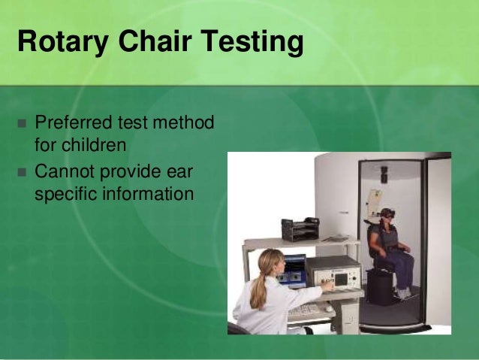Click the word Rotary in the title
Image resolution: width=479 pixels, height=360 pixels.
coord(63,42)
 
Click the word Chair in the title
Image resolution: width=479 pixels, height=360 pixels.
coord(155,41)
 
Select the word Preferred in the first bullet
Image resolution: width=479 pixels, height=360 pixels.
coord(74,123)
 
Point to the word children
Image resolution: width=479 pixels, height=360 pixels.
coord(94,144)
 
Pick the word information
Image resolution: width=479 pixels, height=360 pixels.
coord(148,194)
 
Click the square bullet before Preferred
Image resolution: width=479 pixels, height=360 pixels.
coord(22,123)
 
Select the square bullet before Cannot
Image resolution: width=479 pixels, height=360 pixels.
coord(22,173)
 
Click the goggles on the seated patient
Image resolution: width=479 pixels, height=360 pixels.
coord(389,215)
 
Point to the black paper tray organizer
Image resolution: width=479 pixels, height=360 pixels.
coord(300,229)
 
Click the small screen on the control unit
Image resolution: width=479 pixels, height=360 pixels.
coord(341,279)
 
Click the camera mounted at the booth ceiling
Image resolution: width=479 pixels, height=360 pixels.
coord(384,174)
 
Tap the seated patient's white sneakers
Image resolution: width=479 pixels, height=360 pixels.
coord(403,294)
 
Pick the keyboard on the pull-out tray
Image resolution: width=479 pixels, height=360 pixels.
coord(303,311)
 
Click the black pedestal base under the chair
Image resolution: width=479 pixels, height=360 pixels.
coord(379,287)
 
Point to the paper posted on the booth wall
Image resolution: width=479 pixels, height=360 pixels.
coord(374,198)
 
